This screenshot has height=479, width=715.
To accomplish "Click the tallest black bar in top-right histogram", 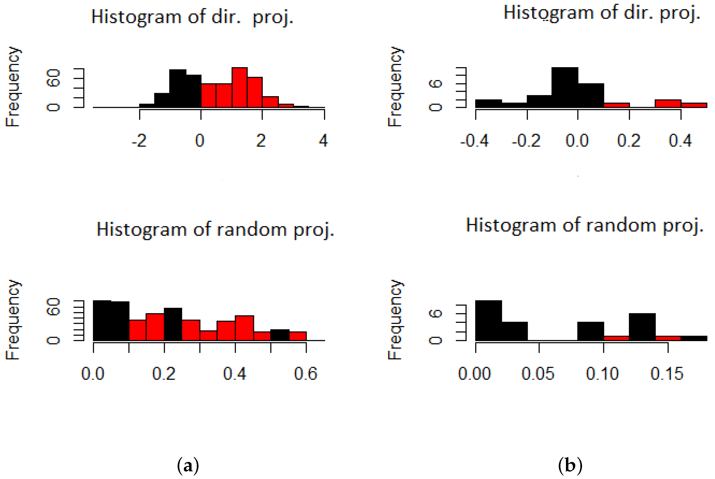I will pyautogui.click(x=565, y=87).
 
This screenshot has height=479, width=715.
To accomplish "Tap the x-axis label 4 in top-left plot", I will pyautogui.click(x=323, y=141).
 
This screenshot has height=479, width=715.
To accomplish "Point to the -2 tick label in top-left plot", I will pyautogui.click(x=139, y=141).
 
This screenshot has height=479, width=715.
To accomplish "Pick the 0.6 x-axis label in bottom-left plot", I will pyautogui.click(x=306, y=374).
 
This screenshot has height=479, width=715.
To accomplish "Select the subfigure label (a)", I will pyautogui.click(x=188, y=466).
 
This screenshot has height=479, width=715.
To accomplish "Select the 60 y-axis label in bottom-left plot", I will pyautogui.click(x=53, y=307).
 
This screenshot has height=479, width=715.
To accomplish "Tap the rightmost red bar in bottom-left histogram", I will pyautogui.click(x=298, y=336).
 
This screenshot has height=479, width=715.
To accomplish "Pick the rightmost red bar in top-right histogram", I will pyautogui.click(x=694, y=105).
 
